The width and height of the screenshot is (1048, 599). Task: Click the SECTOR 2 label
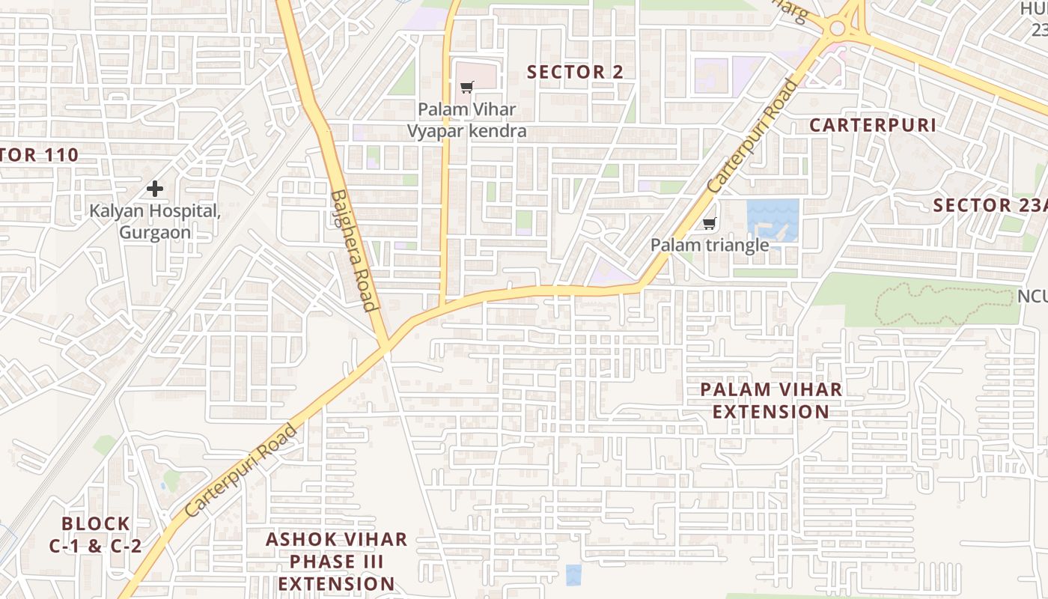pyautogui.click(x=575, y=72)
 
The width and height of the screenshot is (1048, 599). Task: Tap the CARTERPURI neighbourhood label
pyautogui.click(x=872, y=125)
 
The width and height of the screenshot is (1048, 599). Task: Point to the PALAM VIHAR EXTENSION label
pyautogui.click(x=771, y=401)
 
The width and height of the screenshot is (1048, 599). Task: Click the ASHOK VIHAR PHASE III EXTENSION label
pyautogui.click(x=337, y=561)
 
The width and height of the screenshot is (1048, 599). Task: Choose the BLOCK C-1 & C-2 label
pyautogui.click(x=95, y=535)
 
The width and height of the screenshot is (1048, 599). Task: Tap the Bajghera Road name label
pyautogui.click(x=353, y=250)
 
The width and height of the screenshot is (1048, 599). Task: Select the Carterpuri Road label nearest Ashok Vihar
pyautogui.click(x=240, y=471)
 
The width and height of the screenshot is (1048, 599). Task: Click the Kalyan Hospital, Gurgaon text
pyautogui.click(x=155, y=222)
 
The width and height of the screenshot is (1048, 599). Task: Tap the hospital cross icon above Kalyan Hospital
pyautogui.click(x=155, y=188)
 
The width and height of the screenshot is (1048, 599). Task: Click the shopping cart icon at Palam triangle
pyautogui.click(x=710, y=223)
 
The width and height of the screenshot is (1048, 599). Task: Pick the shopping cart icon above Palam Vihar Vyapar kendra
pyautogui.click(x=467, y=88)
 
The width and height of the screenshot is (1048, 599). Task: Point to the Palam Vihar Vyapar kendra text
pyautogui.click(x=466, y=120)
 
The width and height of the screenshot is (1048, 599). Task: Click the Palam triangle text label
pyautogui.click(x=709, y=245)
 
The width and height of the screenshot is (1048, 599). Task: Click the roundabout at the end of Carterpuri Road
pyautogui.click(x=837, y=29)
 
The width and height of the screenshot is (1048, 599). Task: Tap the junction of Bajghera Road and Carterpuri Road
pyautogui.click(x=386, y=346)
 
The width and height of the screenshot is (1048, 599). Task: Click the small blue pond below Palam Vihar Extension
pyautogui.click(x=573, y=575)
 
